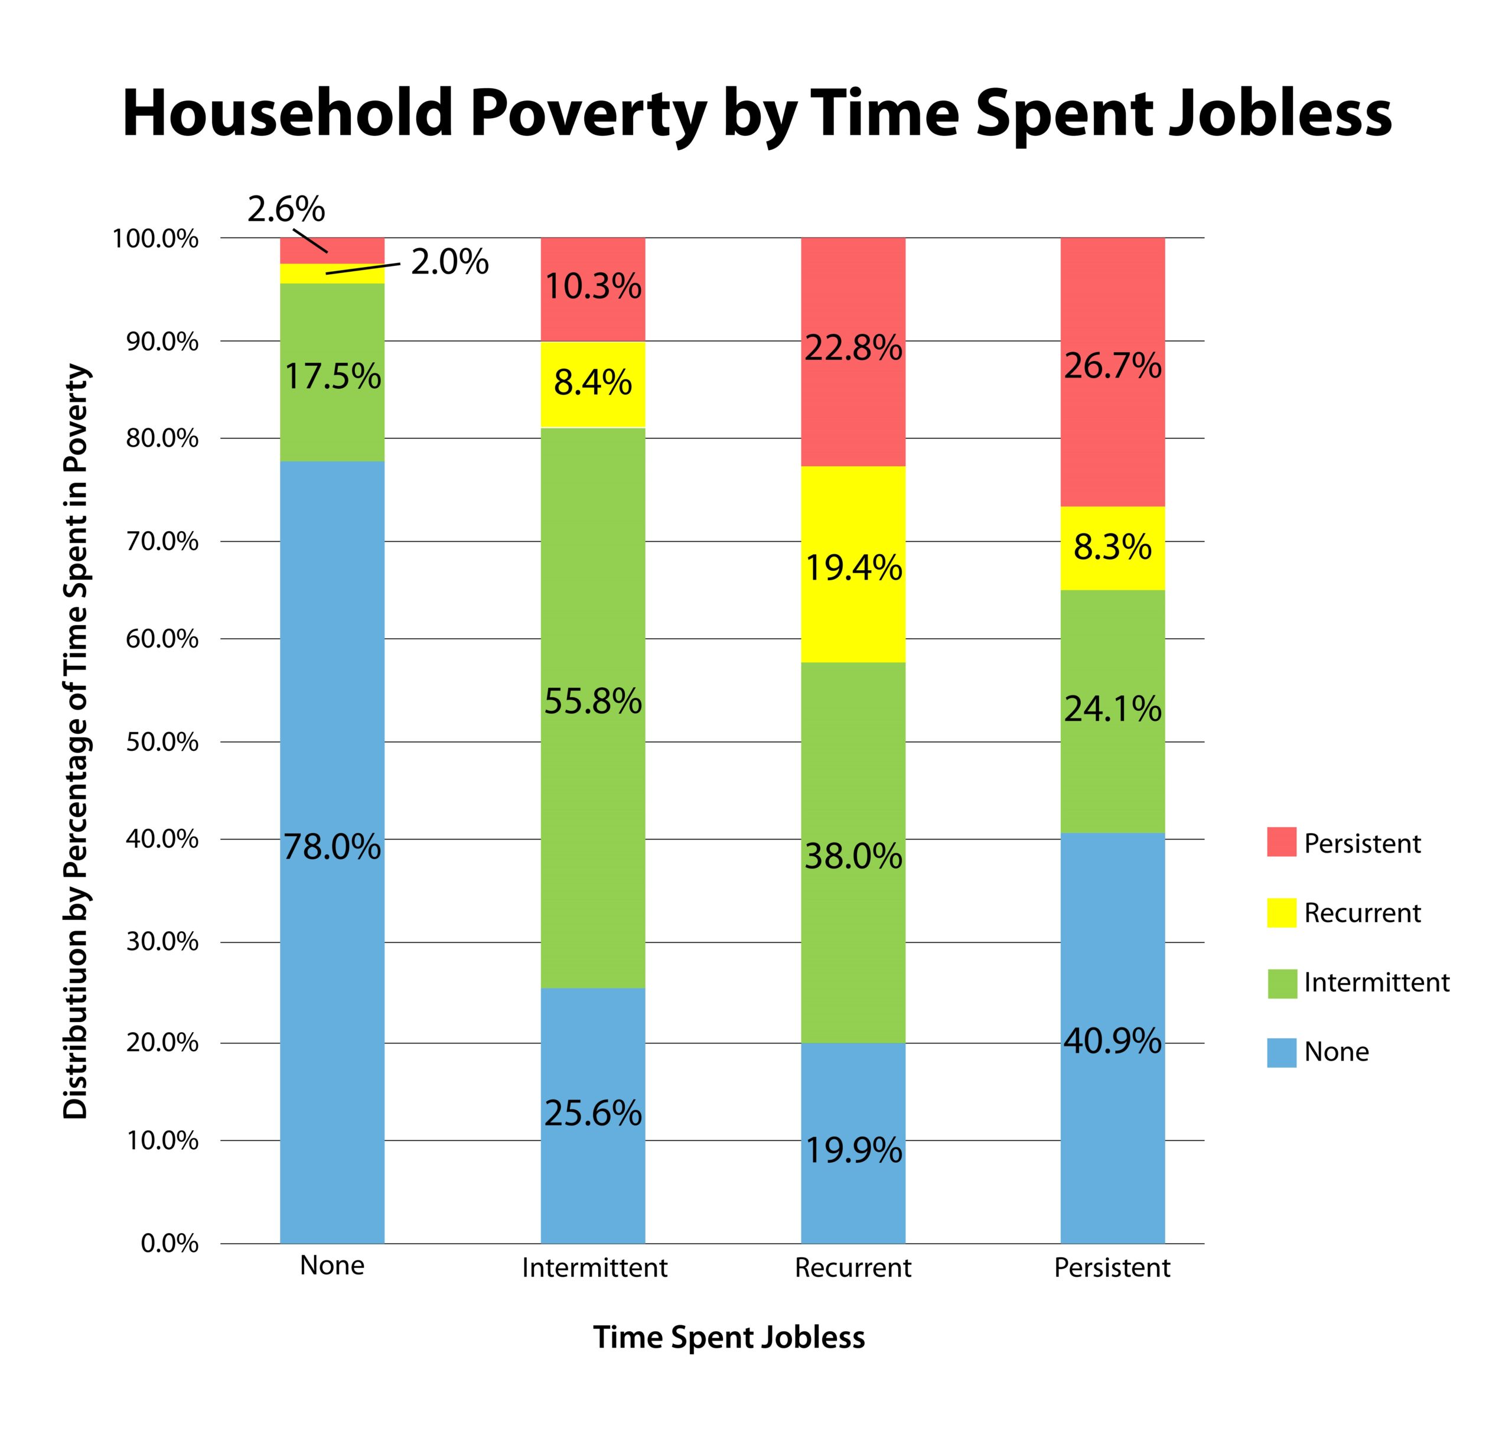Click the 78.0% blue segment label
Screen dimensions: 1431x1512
[332, 847]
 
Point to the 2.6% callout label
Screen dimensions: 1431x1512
[286, 209]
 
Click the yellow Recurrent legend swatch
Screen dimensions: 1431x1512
[1281, 912]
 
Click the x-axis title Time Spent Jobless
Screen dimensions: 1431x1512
[729, 1337]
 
